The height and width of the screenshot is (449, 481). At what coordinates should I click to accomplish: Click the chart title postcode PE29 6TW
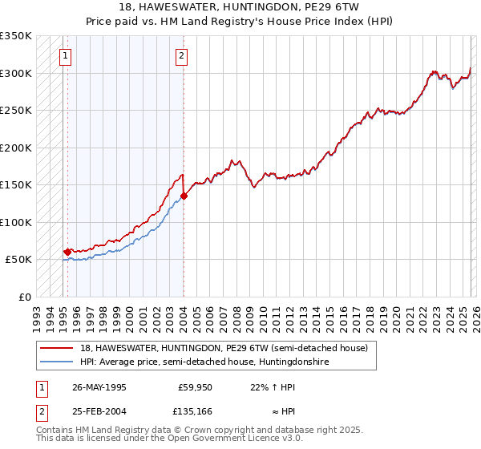[x=342, y=6]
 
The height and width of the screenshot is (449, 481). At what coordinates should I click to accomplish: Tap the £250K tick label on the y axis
[x=16, y=111]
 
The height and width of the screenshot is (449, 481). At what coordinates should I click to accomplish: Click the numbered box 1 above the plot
[x=65, y=56]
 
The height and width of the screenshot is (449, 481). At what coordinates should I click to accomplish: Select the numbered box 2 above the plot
[x=182, y=56]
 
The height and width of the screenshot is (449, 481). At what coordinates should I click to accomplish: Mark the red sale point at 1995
[x=67, y=252]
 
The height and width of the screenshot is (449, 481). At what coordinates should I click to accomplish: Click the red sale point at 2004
[x=184, y=195]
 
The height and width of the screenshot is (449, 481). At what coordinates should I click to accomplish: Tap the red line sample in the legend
[x=57, y=348]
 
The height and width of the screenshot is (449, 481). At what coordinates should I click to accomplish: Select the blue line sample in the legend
[x=57, y=362]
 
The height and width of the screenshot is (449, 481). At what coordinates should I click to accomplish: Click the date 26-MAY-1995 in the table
[x=99, y=386]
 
